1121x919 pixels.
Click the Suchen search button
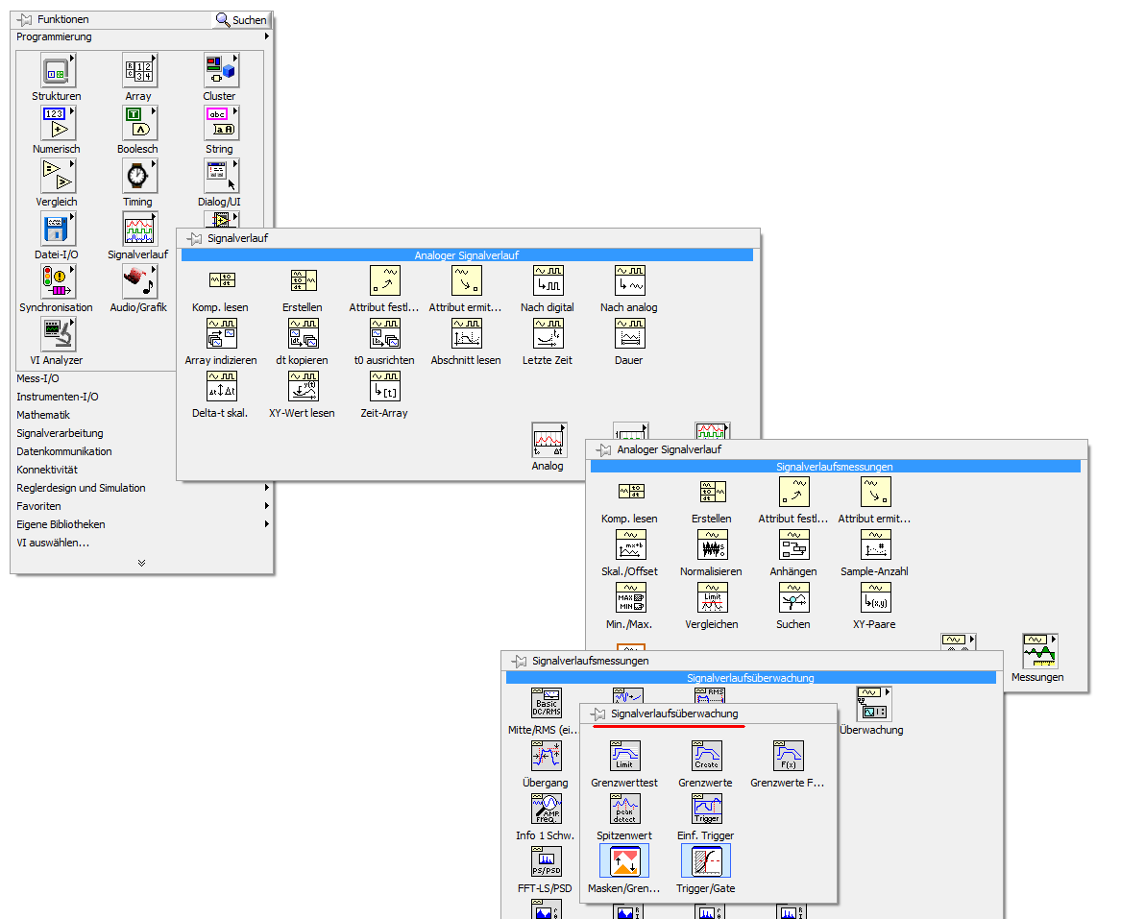(x=241, y=20)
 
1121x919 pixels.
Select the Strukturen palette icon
(x=58, y=71)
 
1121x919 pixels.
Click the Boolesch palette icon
(x=139, y=124)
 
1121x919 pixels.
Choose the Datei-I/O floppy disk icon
(x=58, y=230)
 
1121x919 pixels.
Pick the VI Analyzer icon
(x=58, y=335)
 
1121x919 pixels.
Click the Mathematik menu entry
(x=43, y=415)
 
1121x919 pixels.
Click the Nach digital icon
(x=548, y=280)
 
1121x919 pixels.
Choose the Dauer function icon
(x=630, y=334)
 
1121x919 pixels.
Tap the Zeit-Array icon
(x=385, y=387)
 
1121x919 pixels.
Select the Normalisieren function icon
(x=713, y=545)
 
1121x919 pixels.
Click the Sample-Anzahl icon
(x=876, y=545)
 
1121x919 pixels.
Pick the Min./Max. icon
(x=631, y=598)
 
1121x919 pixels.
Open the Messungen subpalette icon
(x=1040, y=651)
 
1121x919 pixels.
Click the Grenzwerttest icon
(x=625, y=756)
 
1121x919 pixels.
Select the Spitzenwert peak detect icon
(x=625, y=809)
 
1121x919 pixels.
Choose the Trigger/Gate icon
(x=706, y=861)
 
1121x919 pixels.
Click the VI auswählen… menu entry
(x=53, y=544)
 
